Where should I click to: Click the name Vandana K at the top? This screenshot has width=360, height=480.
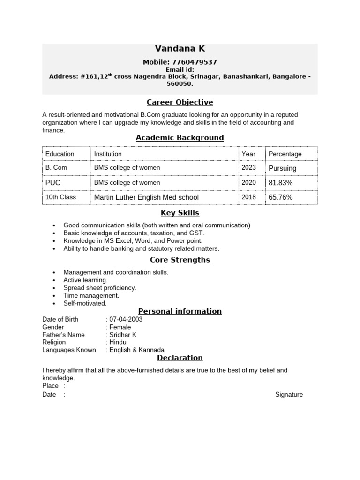tap(180, 49)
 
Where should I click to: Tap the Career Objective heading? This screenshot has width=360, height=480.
tap(180, 102)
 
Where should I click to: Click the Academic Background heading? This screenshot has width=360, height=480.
tap(180, 137)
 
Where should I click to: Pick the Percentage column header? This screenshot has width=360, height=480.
tap(285, 154)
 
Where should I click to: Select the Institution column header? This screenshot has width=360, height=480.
tap(108, 154)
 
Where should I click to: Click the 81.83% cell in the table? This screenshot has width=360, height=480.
tap(280, 183)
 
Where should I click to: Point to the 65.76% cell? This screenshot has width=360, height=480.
tap(280, 197)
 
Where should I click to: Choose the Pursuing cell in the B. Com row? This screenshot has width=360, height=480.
tap(282, 168)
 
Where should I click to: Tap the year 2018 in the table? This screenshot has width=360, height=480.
tap(249, 197)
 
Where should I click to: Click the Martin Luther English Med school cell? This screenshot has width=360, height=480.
tap(146, 197)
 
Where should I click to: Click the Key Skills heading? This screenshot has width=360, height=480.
tap(180, 213)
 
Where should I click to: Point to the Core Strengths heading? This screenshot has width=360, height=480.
tap(180, 260)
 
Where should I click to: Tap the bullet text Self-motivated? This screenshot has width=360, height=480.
tap(85, 303)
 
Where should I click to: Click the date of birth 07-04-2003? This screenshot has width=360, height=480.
tap(126, 319)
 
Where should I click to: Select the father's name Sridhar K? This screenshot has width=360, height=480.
tap(123, 335)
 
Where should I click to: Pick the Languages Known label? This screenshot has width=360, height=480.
tap(69, 350)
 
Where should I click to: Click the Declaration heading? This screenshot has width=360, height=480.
tap(180, 358)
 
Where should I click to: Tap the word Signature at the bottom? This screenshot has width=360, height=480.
tap(289, 395)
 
